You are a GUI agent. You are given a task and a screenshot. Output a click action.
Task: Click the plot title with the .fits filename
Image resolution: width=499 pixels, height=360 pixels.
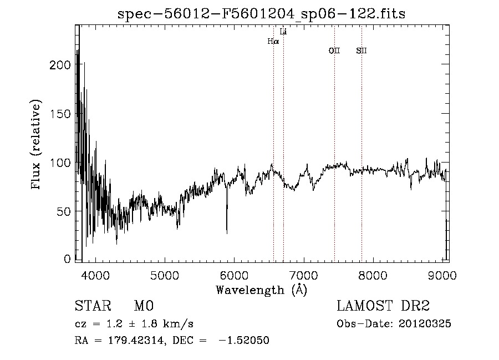(261, 14)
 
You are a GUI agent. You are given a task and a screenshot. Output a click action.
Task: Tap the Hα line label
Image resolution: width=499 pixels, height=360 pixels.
(273, 41)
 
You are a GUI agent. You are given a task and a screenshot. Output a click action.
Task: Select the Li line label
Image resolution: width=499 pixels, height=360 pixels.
(283, 32)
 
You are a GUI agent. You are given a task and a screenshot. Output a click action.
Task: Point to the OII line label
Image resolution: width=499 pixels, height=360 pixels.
(334, 51)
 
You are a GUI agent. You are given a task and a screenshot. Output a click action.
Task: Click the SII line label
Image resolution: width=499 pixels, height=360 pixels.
(361, 51)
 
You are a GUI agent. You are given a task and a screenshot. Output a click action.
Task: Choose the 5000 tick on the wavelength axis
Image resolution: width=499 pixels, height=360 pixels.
(164, 275)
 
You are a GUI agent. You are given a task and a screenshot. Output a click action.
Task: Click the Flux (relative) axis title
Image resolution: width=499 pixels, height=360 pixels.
(37, 145)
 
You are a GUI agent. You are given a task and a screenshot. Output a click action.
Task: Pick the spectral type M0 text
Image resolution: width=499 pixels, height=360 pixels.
(142, 306)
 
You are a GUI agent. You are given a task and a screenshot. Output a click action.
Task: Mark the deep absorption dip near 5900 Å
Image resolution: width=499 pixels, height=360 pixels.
(227, 230)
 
